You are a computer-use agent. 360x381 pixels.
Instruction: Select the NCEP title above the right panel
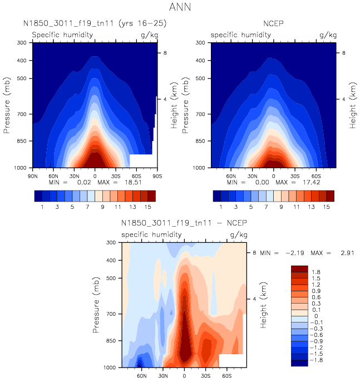pyautogui.click(x=273, y=24)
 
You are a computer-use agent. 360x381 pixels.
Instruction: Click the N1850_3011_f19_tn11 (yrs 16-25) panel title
pyautogui.click(x=95, y=24)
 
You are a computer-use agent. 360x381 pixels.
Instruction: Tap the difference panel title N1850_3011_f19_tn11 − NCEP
pyautogui.click(x=184, y=223)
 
